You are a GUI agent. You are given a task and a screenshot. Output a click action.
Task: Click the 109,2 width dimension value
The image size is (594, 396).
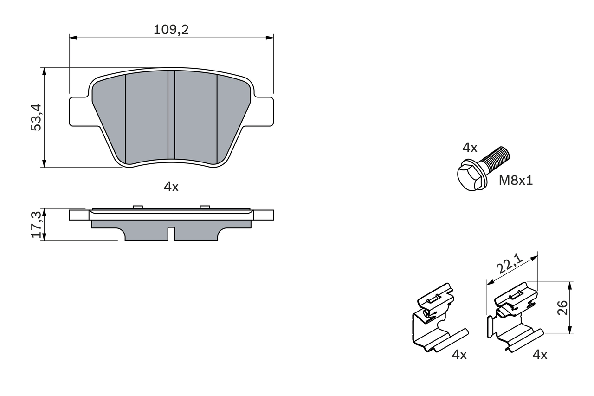[x=171, y=30]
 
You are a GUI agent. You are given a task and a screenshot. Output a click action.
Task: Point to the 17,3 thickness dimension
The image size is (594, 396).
[x=37, y=224]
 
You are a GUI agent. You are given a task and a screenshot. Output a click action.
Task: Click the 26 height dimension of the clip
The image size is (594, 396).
[x=562, y=307]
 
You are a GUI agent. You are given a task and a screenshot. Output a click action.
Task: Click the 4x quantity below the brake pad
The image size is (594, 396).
[x=171, y=187]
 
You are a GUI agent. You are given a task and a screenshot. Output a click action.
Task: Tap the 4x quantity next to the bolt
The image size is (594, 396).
[x=470, y=148]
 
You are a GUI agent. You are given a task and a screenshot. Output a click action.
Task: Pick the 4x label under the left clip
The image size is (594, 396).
[x=459, y=355]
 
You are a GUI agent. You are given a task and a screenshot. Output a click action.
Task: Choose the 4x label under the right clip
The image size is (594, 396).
[x=540, y=355]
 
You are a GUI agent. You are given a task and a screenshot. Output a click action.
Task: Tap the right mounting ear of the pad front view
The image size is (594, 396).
[x=263, y=111]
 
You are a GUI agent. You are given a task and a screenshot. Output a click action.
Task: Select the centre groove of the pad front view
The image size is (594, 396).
[x=171, y=116]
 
